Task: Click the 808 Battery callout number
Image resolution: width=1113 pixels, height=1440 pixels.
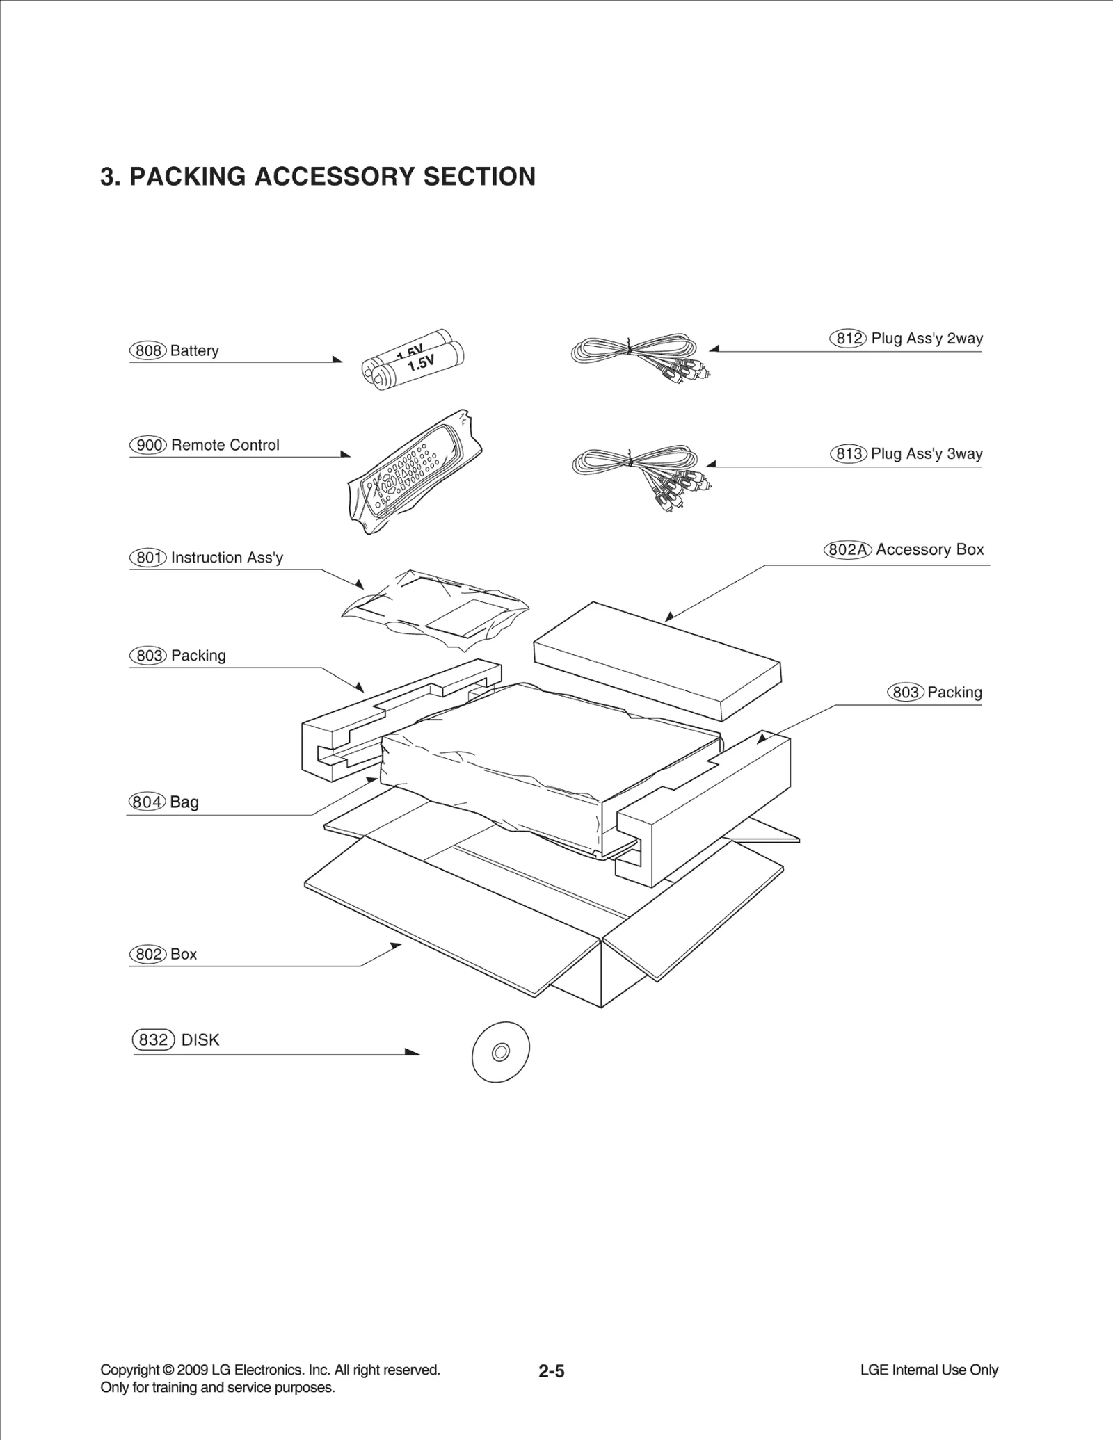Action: tap(148, 350)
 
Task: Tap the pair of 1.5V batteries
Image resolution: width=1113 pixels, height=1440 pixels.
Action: tap(413, 359)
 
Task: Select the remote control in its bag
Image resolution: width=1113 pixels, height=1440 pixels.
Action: tap(413, 473)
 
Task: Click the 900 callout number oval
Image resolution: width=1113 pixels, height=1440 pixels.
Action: tap(148, 445)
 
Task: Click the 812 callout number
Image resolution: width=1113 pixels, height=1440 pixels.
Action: tap(849, 339)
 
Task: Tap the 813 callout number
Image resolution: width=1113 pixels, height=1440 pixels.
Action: tap(849, 454)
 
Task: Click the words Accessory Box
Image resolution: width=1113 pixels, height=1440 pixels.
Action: tap(929, 549)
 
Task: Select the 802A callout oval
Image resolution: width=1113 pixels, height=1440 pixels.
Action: tap(848, 550)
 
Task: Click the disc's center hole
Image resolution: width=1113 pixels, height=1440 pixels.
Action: tap(500, 1053)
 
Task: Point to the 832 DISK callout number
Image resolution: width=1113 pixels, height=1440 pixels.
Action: tap(153, 1039)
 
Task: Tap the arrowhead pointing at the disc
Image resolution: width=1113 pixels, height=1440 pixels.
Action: tap(412, 1052)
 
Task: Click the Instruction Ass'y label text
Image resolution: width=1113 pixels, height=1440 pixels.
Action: tap(227, 558)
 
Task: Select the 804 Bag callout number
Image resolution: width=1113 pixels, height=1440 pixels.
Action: tap(147, 802)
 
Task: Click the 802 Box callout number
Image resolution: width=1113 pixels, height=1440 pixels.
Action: tap(148, 954)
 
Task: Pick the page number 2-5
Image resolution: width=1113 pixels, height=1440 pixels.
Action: tap(551, 1371)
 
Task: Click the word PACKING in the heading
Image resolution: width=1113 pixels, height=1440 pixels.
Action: tap(187, 177)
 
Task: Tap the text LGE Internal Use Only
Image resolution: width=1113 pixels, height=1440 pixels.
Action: tap(929, 1370)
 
